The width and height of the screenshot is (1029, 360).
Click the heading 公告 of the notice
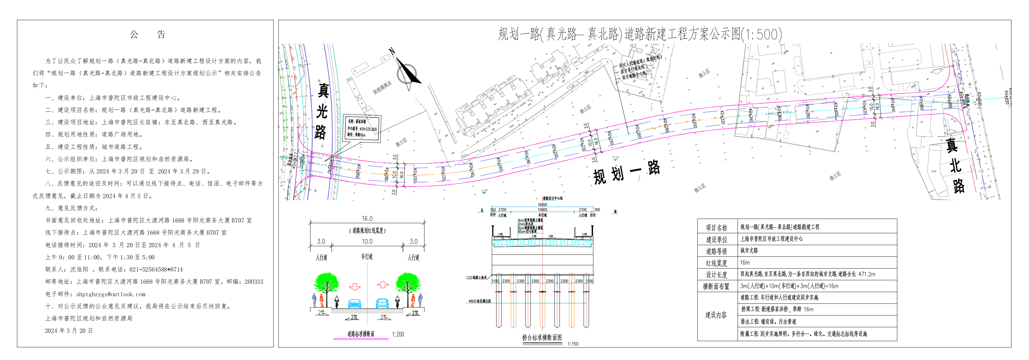click(x=147, y=35)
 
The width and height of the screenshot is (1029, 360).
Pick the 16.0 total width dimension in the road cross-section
click(x=367, y=219)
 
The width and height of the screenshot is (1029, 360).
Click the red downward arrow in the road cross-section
click(x=355, y=287)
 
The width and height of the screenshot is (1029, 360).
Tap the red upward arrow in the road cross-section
click(x=383, y=284)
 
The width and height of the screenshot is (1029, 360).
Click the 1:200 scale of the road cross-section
click(x=398, y=334)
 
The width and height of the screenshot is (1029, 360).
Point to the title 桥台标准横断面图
click(x=542, y=338)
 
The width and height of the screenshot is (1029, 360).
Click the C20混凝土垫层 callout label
click(x=476, y=278)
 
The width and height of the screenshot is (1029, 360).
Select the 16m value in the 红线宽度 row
click(x=745, y=263)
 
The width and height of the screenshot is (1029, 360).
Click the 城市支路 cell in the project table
click(x=749, y=250)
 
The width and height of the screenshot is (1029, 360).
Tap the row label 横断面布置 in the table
click(x=716, y=286)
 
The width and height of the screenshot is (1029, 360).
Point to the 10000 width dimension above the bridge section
click(x=542, y=210)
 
